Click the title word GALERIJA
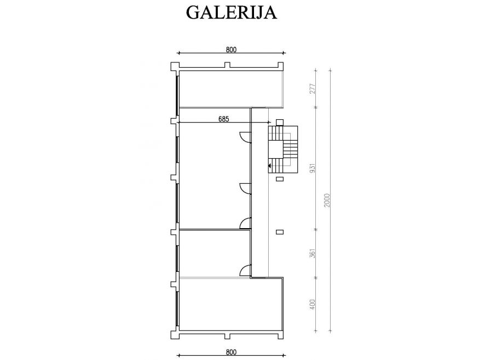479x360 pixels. [x=231, y=13]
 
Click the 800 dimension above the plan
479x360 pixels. [x=231, y=49]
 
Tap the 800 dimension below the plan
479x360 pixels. [x=231, y=352]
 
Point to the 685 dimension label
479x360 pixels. [x=223, y=119]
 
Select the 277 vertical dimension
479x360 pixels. [x=313, y=89]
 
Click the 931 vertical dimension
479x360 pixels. [x=313, y=168]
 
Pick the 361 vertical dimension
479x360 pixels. [x=313, y=253]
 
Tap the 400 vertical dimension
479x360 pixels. [x=313, y=304]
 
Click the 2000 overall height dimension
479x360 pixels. [x=327, y=200]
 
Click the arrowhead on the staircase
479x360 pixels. [x=270, y=166]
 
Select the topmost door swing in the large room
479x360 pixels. [x=245, y=136]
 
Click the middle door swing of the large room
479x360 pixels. [x=245, y=188]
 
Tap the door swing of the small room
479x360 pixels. [x=245, y=271]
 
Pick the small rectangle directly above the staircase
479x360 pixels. [x=280, y=123]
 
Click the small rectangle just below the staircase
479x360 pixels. [x=280, y=179]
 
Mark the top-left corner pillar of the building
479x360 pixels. [x=175, y=67]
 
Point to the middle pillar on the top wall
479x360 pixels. [x=227, y=65]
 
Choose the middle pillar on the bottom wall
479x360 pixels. [x=227, y=336]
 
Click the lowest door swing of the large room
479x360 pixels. [x=245, y=224]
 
